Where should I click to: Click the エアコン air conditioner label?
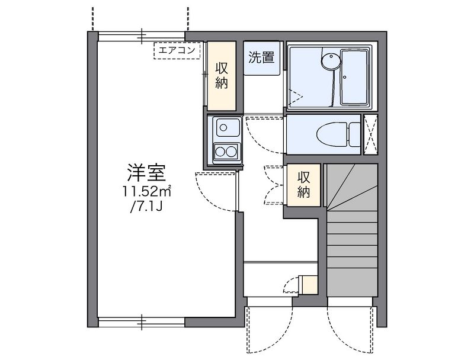(x=177, y=50)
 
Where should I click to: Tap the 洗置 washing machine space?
(x=261, y=57)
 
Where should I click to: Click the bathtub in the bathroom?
(x=354, y=78)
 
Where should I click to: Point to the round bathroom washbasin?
(x=330, y=61)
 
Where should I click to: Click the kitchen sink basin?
(x=226, y=127)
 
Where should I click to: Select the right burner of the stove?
(x=232, y=152)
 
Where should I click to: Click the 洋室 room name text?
(x=146, y=173)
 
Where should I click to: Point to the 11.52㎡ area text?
(x=146, y=191)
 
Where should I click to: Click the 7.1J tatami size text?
(x=146, y=207)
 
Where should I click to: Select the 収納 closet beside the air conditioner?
(x=221, y=76)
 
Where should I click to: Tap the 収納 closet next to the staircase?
(x=303, y=185)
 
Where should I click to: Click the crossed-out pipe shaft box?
(x=371, y=134)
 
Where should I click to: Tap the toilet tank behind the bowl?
(x=355, y=134)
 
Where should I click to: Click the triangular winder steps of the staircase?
(x=353, y=187)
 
